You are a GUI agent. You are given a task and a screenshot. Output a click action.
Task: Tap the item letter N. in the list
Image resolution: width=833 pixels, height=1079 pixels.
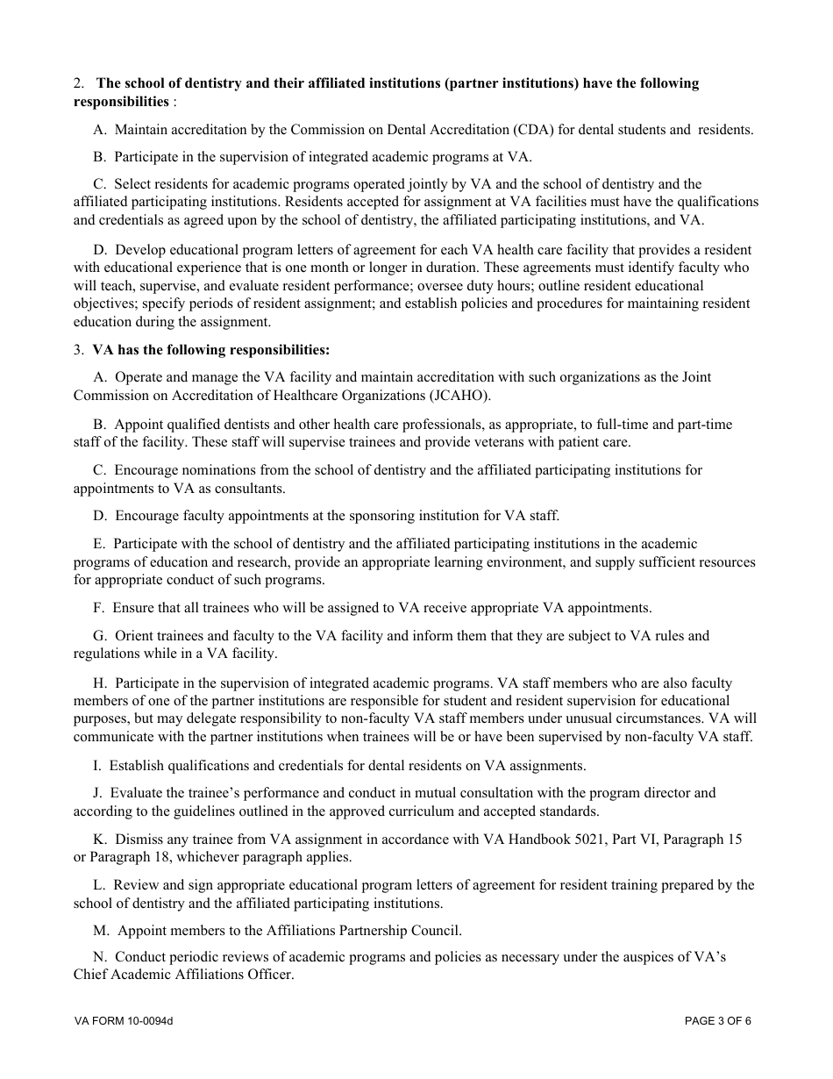pyautogui.click(x=100, y=957)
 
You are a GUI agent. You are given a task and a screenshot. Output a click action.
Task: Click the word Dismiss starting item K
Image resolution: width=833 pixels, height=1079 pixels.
pyautogui.click(x=139, y=840)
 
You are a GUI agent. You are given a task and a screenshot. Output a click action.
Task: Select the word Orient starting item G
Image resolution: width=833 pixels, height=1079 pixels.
pyautogui.click(x=136, y=636)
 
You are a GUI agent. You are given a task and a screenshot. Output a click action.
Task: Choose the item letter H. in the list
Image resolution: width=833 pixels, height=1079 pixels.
pyautogui.click(x=101, y=682)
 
